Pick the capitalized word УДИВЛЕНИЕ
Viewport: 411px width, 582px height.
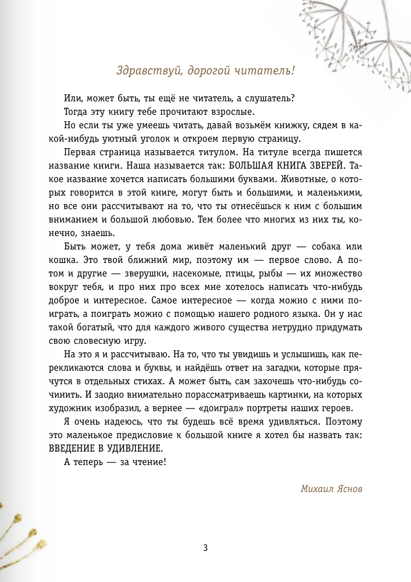tap(143, 448)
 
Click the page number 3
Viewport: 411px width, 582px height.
tap(206, 548)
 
